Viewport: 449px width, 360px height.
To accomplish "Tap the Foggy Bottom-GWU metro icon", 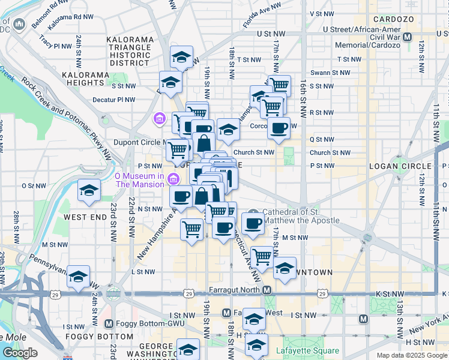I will pos(109,323).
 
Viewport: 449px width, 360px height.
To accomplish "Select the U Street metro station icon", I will pos(408,37).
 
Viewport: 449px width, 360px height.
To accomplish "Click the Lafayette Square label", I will pos(307,351).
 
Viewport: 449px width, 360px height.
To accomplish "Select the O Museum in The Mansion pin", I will pos(174,179).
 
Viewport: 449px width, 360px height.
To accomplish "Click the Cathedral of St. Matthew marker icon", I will pos(254,212).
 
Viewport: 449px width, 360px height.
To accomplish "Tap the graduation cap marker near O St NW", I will pos(89,190).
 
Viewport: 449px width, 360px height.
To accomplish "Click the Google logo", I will pos(20,353).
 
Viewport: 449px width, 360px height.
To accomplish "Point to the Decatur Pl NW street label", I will pos(114,100).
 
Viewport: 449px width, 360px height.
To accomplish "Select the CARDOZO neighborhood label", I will pos(394,19).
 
